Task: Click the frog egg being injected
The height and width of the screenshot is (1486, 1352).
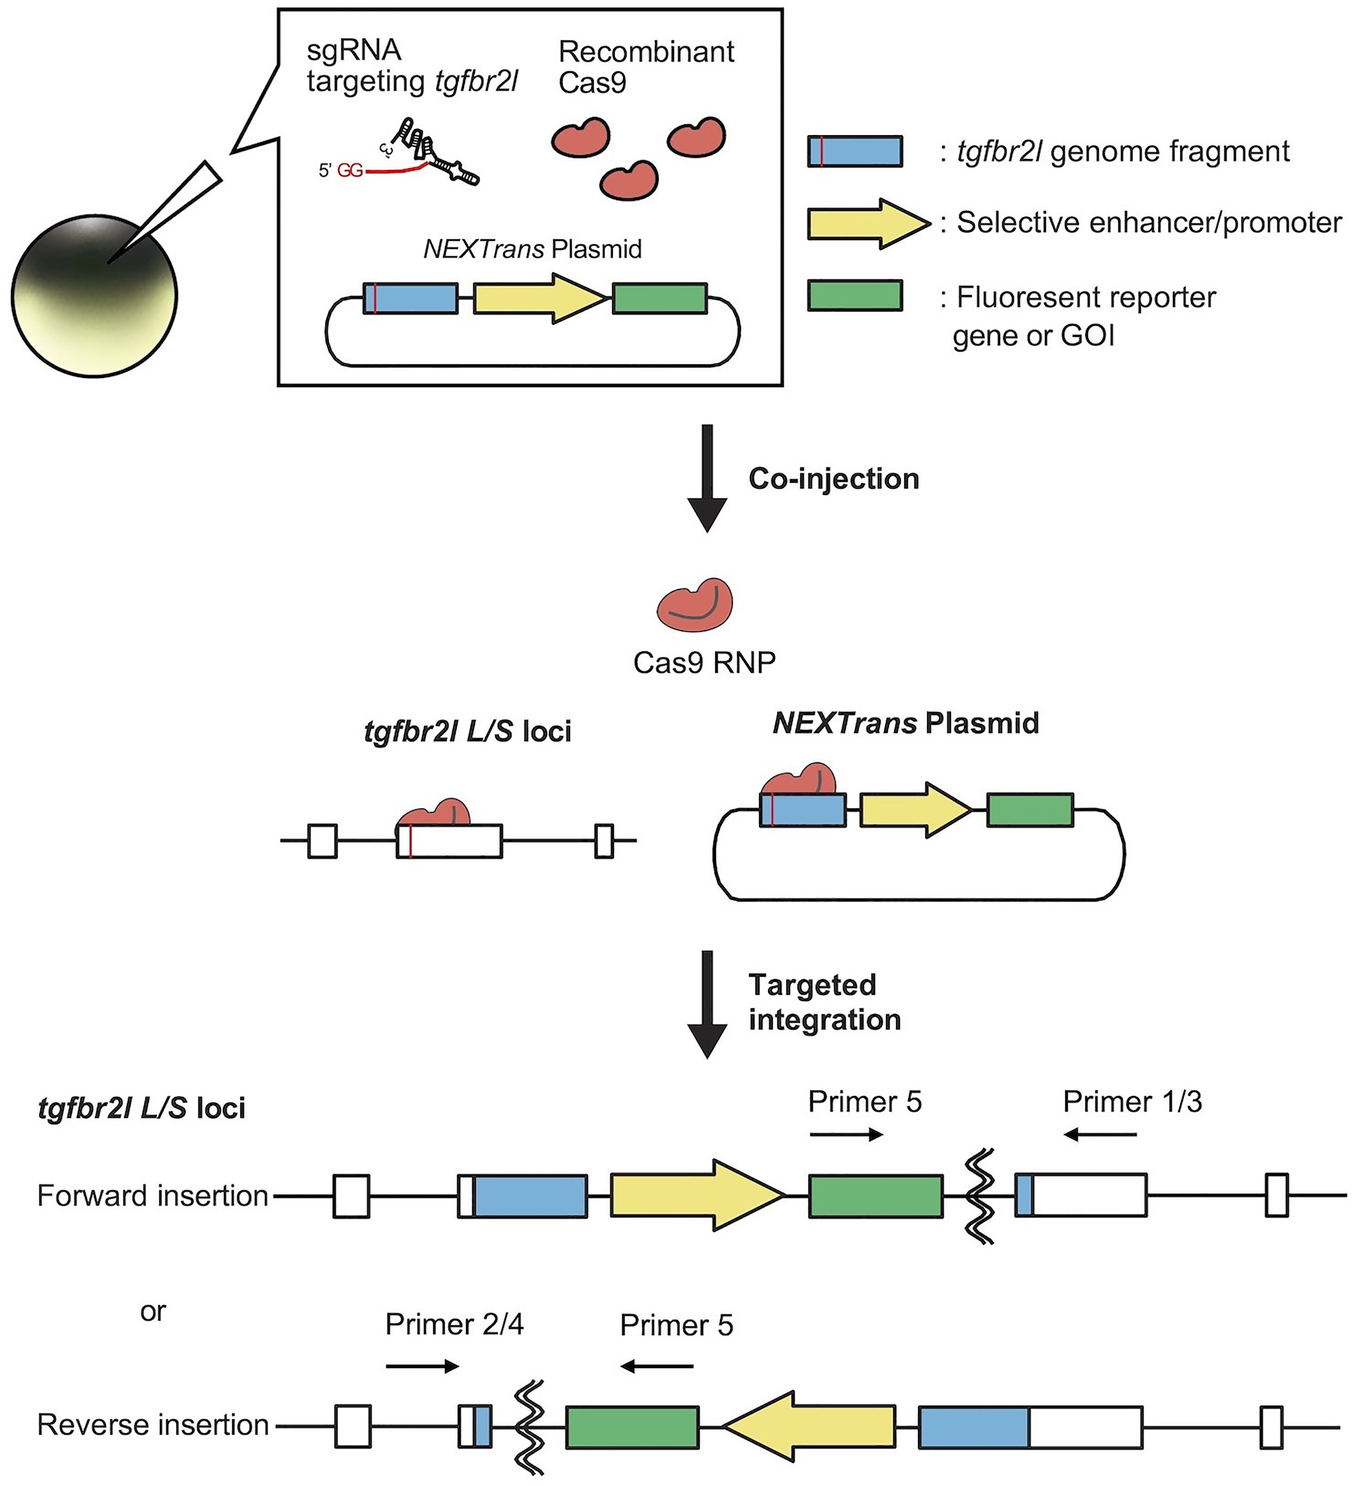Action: [x=94, y=296]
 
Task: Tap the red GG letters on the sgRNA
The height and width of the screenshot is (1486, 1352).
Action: [x=350, y=171]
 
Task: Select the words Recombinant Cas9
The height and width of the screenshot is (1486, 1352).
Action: [x=646, y=67]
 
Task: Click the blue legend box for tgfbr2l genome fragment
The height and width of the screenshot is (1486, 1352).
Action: [x=855, y=151]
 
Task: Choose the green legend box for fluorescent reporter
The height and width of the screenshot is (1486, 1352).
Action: [x=855, y=296]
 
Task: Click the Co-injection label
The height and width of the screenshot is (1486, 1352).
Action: [x=834, y=479]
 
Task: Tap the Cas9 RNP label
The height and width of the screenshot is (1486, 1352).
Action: [x=704, y=663]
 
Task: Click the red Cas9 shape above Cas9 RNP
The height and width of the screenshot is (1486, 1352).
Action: [x=695, y=605]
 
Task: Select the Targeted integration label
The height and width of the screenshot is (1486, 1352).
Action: [x=824, y=1002]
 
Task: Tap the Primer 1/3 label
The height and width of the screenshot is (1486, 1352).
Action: [x=1132, y=1102]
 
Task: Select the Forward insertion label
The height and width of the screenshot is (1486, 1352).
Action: [x=153, y=1196]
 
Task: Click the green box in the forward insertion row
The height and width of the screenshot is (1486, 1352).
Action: [x=876, y=1196]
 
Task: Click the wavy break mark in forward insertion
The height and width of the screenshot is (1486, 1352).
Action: [x=980, y=1196]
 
